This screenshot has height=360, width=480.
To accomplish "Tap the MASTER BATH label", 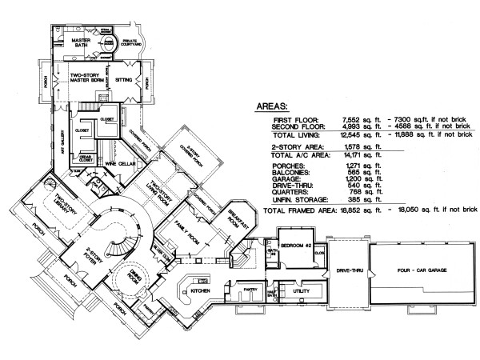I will tap(80, 43).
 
